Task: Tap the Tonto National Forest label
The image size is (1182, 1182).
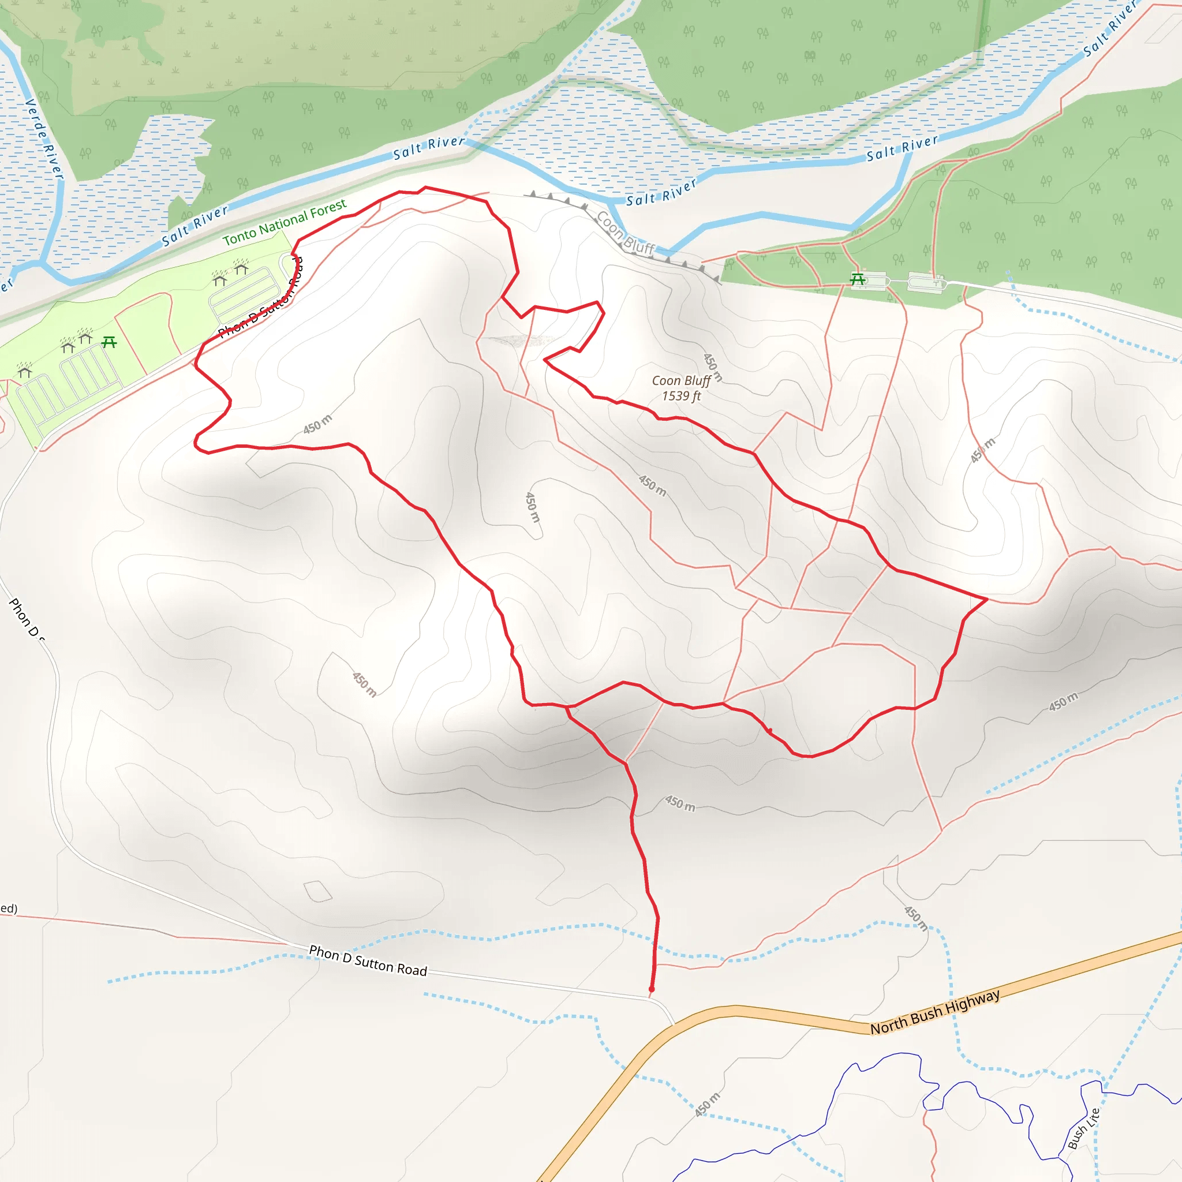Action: (x=285, y=222)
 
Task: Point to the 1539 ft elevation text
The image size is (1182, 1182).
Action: (x=681, y=396)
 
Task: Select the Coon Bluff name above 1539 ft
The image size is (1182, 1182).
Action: (x=681, y=380)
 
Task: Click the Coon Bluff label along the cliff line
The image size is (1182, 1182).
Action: (x=625, y=233)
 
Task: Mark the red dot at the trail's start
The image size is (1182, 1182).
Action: (x=652, y=989)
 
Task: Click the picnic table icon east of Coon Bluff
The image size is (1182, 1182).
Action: (x=858, y=279)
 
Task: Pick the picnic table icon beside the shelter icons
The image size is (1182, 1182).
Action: (x=110, y=342)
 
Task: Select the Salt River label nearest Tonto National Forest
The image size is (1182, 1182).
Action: (x=194, y=226)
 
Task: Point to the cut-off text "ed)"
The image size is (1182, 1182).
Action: (x=9, y=908)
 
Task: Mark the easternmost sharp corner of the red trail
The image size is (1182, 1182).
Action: (x=986, y=600)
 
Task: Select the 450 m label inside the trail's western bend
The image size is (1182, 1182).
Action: (x=318, y=424)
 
